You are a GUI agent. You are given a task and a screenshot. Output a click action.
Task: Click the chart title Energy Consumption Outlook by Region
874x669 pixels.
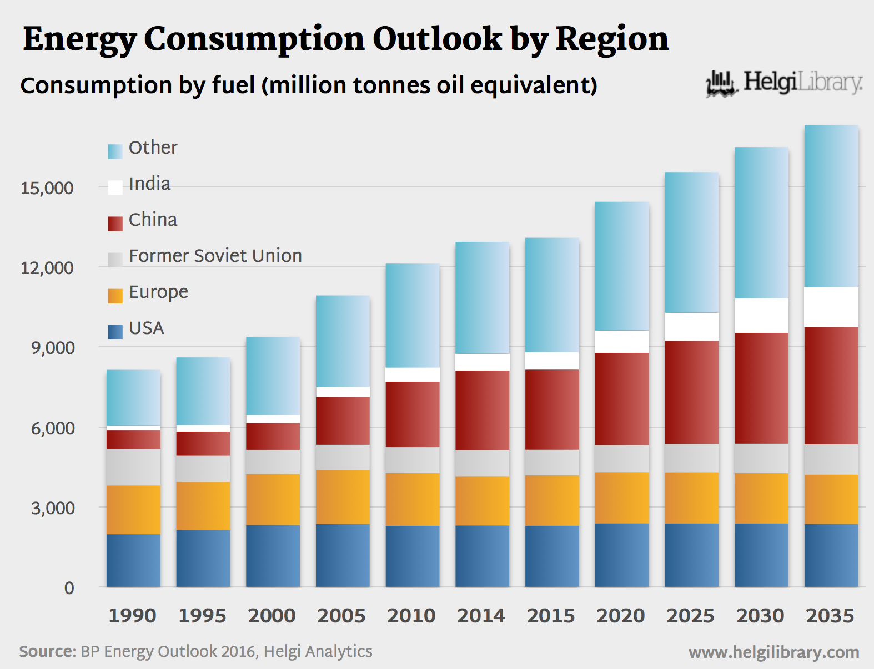[345, 39]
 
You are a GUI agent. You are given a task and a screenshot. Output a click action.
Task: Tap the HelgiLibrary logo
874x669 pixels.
[784, 83]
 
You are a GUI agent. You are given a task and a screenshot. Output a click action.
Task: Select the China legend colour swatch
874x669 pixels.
[115, 223]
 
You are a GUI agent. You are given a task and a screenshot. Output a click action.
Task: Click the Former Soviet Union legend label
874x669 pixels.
[215, 256]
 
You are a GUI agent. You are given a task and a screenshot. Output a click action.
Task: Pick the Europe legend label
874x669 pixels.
[158, 292]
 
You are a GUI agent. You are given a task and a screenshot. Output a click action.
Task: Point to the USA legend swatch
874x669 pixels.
[115, 332]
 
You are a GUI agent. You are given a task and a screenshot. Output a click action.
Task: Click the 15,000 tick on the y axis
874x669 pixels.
[47, 188]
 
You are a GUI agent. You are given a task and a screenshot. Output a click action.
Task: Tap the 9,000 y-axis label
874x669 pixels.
[52, 348]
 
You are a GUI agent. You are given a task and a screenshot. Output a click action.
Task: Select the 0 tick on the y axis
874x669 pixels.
[69, 588]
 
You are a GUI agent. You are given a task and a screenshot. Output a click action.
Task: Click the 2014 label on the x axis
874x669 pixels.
[481, 616]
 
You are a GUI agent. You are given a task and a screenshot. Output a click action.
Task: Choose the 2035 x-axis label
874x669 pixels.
[830, 616]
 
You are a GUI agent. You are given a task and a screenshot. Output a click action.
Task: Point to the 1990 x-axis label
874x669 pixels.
[132, 616]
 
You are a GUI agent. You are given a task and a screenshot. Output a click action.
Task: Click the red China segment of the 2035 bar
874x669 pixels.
[831, 386]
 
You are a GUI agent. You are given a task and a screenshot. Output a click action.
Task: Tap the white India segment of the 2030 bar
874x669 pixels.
[761, 316]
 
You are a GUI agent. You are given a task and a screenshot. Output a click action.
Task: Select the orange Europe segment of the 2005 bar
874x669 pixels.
[343, 497]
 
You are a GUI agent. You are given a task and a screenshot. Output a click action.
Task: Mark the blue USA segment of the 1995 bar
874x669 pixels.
[203, 558]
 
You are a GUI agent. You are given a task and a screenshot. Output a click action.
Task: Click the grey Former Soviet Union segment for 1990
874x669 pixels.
[133, 467]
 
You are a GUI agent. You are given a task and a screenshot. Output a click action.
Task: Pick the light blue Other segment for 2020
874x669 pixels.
[622, 266]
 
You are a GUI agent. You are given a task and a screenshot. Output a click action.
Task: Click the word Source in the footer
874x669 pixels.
[46, 651]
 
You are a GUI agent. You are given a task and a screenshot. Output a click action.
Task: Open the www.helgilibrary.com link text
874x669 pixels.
[773, 652]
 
